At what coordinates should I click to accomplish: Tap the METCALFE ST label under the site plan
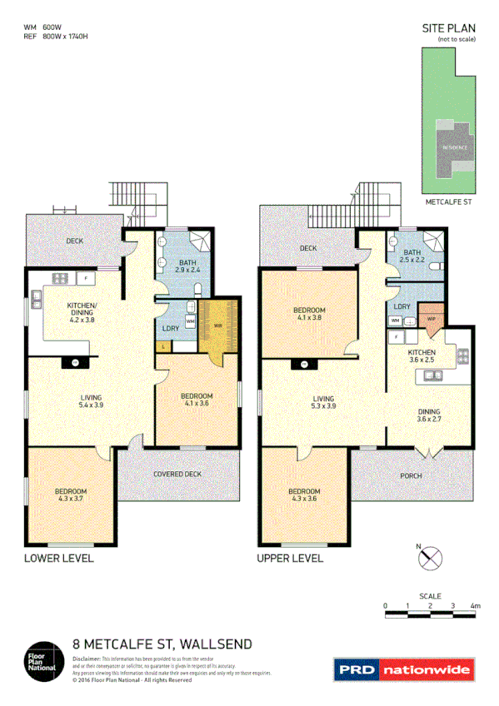pos(449,201)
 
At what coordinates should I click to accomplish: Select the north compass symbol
pos(432,559)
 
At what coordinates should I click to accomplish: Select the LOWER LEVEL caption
pos(58,558)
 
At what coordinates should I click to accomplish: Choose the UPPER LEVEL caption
pos(289,558)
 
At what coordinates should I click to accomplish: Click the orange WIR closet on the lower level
pos(218,326)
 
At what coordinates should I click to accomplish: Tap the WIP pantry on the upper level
pos(432,319)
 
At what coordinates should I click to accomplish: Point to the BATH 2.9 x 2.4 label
pos(187,266)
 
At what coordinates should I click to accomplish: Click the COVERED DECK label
pos(177,475)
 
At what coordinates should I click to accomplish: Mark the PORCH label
pos(411,476)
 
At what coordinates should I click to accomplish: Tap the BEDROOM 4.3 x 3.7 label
pos(70,496)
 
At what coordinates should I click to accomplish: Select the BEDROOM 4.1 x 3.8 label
pos(308,313)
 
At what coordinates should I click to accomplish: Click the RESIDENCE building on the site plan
pos(454,148)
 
